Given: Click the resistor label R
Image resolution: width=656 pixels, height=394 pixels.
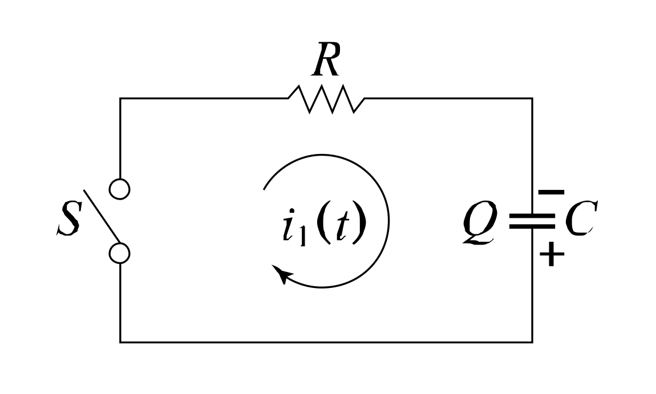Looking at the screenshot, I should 327,62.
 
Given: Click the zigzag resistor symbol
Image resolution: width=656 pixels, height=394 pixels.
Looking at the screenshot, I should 326,99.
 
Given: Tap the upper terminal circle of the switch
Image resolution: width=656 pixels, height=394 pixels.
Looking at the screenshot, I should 120,188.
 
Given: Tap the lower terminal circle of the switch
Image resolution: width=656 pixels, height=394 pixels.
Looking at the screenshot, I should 120,253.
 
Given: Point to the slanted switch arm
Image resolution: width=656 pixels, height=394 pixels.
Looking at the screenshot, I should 103,217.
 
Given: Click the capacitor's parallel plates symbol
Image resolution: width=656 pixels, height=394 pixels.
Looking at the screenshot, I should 532,221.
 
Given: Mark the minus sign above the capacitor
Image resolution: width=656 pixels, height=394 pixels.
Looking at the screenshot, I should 552,193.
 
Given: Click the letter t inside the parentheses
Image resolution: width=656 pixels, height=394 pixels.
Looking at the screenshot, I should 341,226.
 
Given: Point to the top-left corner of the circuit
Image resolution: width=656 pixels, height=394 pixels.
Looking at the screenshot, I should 120,99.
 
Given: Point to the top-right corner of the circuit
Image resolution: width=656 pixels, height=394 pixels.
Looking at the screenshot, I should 532,99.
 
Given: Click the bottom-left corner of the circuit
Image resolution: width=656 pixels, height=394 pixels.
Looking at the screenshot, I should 120,342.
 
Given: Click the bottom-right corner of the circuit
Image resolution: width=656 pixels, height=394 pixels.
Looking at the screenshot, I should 532,342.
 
